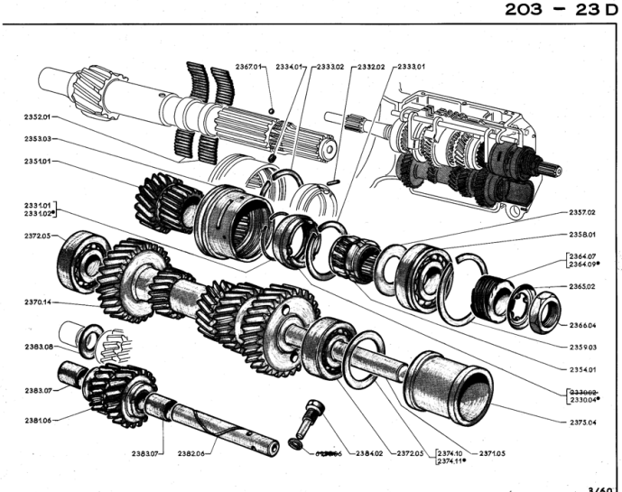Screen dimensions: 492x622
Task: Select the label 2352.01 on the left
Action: click(38, 117)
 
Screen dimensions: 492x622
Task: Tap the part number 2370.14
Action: click(38, 303)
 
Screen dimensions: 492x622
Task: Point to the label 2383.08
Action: click(38, 347)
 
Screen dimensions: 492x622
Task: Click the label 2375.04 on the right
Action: click(579, 421)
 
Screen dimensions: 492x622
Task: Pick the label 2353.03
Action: click(38, 139)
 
